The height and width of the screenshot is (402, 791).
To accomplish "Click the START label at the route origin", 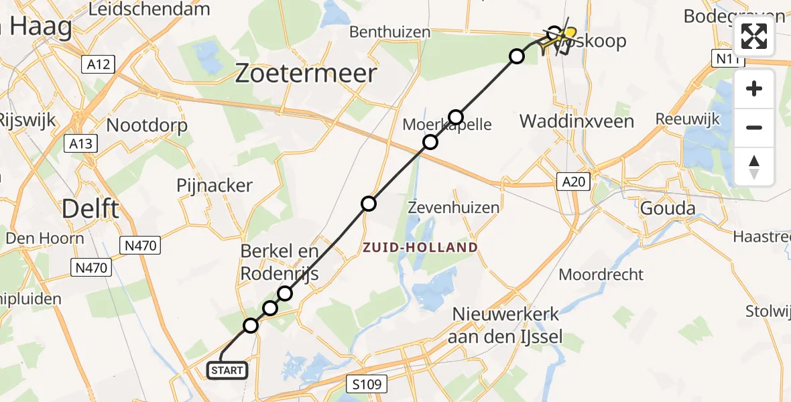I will click(228, 370).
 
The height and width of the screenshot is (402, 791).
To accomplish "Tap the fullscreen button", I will click(754, 36).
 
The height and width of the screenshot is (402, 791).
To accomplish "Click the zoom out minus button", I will click(754, 127).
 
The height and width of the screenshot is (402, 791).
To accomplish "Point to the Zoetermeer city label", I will click(305, 74).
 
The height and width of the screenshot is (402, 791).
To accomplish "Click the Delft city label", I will click(90, 209).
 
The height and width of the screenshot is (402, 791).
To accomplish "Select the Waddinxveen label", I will click(577, 121).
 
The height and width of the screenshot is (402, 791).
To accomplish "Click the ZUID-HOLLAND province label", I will click(420, 247).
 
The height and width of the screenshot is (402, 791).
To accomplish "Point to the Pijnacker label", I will click(215, 186).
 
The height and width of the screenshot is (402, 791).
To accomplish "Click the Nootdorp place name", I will click(147, 125).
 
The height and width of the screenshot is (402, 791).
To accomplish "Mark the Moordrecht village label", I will click(601, 274).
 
